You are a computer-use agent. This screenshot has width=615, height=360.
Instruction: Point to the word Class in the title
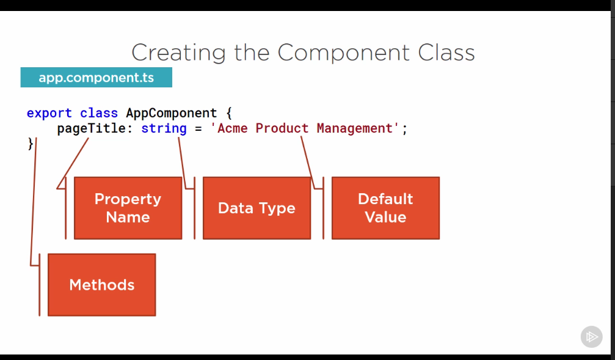tap(446, 53)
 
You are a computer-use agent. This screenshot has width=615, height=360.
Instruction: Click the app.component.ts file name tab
tap(96, 78)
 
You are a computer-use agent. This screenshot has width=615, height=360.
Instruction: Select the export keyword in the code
tap(49, 113)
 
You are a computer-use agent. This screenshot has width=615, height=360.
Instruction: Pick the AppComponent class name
tap(171, 113)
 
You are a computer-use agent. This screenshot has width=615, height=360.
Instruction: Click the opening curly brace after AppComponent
tap(229, 113)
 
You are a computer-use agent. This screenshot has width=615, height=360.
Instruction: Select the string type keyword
tap(164, 128)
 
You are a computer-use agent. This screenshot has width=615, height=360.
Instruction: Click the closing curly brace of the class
tap(31, 144)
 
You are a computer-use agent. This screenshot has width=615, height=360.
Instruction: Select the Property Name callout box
tap(128, 208)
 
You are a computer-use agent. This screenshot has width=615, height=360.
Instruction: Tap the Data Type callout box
tap(257, 208)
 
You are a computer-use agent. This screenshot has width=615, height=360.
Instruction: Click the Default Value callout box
tap(385, 208)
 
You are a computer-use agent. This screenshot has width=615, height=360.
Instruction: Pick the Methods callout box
tap(101, 285)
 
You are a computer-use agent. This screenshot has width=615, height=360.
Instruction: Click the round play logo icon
tap(591, 337)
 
